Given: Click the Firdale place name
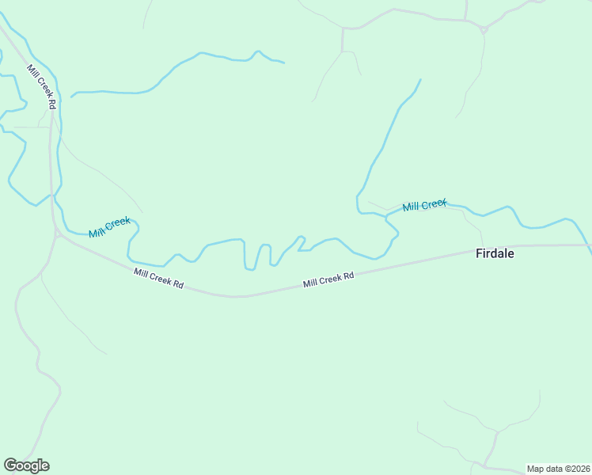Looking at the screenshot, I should point(495,254).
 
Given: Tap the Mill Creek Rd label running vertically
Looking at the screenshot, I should point(42,87).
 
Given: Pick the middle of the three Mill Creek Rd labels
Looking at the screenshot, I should point(158,278).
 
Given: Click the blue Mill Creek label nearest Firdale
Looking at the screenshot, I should point(424,206).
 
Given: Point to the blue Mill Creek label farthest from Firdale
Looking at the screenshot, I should point(109,226).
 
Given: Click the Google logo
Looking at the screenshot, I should point(26,465).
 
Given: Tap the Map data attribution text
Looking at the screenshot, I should point(559,469).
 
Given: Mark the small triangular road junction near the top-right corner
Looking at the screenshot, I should point(483,29).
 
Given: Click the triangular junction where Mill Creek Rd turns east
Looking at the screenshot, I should point(57,234).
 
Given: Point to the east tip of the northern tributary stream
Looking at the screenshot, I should point(283,62).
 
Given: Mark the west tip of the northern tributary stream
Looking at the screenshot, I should point(71,97).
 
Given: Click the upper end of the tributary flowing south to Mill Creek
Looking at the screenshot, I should point(420,79).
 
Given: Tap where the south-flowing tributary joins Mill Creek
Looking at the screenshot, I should point(359,211).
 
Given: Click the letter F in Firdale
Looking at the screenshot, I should point(479,254).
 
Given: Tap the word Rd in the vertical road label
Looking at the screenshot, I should point(51,103).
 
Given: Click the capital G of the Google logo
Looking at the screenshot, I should point(9,465).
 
